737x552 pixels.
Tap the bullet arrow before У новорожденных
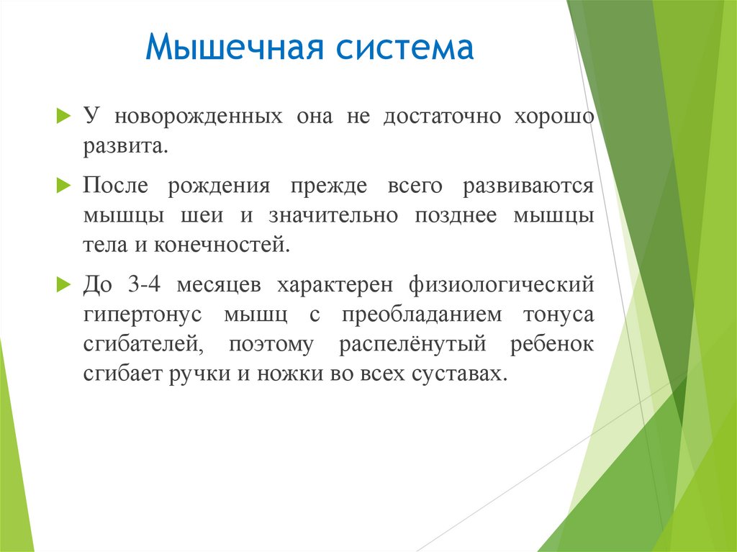[63, 117]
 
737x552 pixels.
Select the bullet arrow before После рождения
[63, 186]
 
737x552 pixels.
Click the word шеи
[207, 216]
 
